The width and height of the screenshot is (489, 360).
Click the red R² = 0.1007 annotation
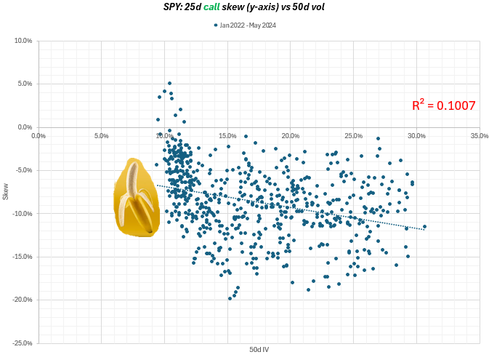[443, 105]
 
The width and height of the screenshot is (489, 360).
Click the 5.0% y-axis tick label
[25, 84]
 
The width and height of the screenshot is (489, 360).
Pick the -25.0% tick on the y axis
[23, 343]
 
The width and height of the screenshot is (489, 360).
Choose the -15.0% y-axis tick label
[23, 256]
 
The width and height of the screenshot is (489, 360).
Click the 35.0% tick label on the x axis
[479, 135]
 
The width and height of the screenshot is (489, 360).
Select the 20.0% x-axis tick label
[290, 135]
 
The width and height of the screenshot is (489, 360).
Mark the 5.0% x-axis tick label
[102, 135]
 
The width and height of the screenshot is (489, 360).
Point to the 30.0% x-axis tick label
[416, 135]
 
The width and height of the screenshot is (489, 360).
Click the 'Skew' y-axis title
[7, 192]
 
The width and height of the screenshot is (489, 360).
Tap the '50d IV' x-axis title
[259, 351]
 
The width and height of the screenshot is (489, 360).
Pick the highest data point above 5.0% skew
[169, 84]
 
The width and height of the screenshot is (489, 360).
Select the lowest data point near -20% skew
[230, 298]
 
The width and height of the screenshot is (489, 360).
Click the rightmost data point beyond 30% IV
[424, 226]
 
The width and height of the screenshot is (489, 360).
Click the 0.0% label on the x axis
[39, 135]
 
